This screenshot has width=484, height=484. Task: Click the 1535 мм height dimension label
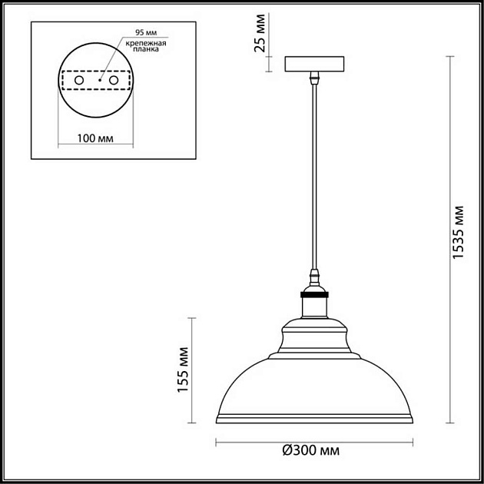coord(459,233)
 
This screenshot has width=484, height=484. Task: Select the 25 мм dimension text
coord(262,33)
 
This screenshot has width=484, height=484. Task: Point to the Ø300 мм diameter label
coord(311,450)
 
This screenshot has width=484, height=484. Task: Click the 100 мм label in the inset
coord(96,138)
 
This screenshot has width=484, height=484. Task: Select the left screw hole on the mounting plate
coord(78,80)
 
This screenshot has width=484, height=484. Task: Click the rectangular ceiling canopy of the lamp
coord(313,64)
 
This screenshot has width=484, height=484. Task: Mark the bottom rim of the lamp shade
coord(313,420)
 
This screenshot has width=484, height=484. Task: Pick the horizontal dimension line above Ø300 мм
coord(313,442)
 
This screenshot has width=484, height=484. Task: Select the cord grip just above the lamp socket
coord(313,277)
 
